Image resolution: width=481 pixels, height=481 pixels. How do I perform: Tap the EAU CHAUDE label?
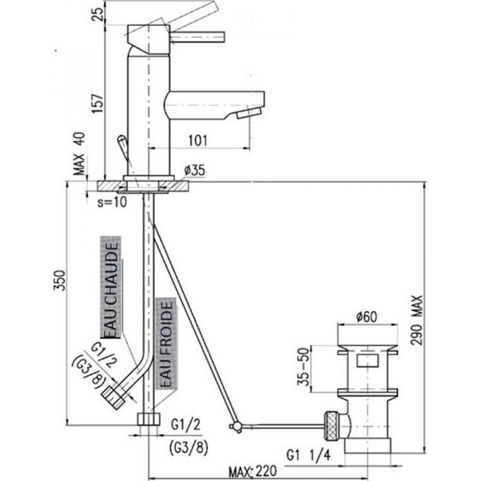tap(110, 284)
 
